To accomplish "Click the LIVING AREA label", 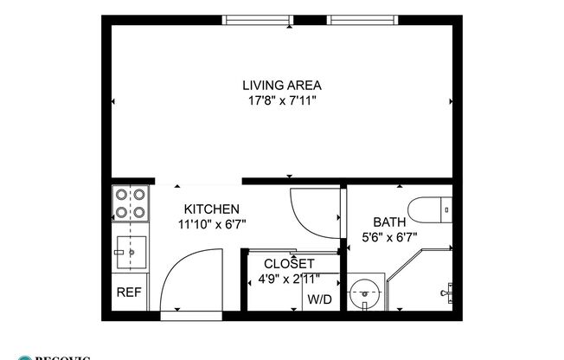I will (x=282, y=85).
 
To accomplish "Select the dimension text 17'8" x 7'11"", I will (x=282, y=100).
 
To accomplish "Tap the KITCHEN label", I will (x=211, y=209).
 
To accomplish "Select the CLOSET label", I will (x=289, y=264).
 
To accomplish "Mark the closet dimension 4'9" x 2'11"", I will (x=289, y=280).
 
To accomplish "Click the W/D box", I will (x=319, y=299).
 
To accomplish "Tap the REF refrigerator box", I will (x=129, y=292).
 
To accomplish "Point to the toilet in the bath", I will (x=429, y=209).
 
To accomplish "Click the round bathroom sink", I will (x=369, y=292).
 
